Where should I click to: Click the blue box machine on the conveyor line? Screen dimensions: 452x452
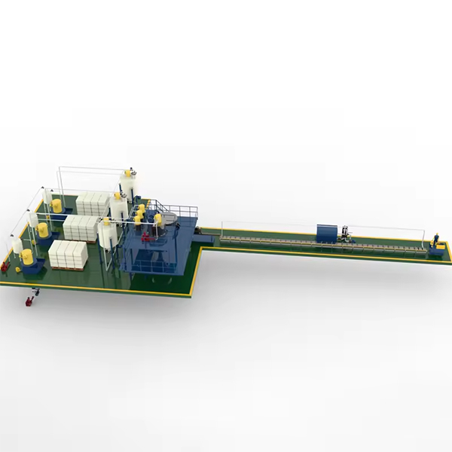328,233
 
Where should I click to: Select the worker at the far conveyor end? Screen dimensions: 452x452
435,240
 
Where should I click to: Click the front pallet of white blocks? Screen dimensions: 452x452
69,255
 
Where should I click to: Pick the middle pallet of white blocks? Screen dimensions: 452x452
81,228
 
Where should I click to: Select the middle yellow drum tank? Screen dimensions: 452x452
44,230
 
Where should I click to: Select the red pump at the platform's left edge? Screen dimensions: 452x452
5,266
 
